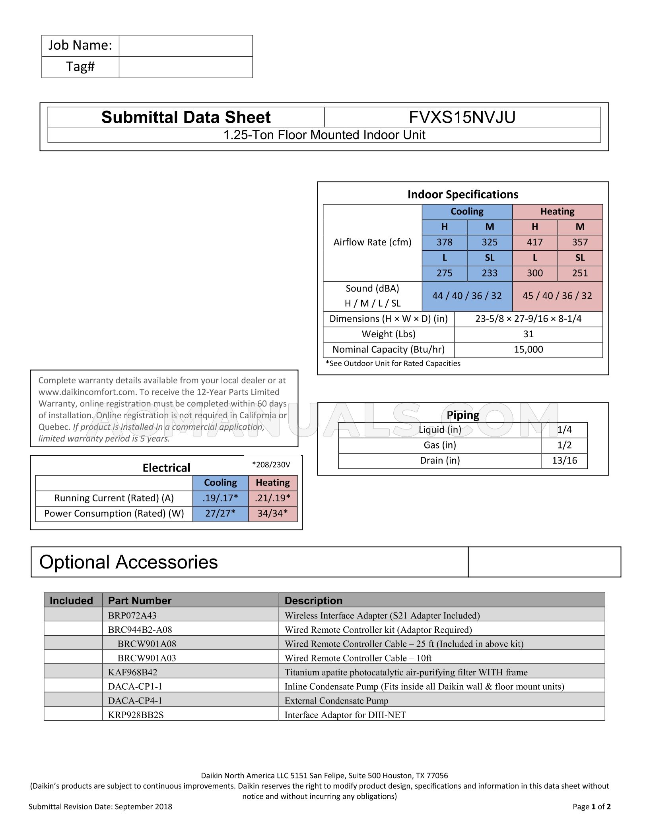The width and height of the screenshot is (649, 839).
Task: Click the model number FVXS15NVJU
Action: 462,117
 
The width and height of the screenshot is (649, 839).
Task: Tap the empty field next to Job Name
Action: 185,46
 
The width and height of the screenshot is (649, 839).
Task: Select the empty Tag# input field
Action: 185,67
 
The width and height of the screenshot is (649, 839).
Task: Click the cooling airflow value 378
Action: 444,242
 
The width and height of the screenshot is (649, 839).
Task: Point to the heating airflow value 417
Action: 534,242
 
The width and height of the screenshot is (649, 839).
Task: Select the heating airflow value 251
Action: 580,273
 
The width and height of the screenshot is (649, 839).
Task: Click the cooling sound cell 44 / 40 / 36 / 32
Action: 467,296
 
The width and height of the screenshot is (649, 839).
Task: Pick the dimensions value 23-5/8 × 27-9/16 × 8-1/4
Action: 528,319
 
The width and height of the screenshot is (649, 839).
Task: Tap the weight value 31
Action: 528,334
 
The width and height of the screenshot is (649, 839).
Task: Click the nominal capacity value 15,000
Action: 528,350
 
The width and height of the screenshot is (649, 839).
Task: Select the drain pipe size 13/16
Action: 564,460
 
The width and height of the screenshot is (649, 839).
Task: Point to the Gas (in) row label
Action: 439,445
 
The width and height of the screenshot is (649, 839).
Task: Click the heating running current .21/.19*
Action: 272,498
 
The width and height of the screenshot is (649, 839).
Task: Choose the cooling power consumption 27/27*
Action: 220,514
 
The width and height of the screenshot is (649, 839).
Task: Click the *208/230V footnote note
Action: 271,464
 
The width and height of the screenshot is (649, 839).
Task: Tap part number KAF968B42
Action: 132,672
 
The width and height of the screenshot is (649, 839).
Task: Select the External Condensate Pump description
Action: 336,701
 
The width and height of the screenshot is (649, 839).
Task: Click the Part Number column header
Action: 140,600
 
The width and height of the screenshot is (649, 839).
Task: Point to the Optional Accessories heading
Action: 128,562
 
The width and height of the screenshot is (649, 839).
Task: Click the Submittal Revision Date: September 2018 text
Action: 100,806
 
